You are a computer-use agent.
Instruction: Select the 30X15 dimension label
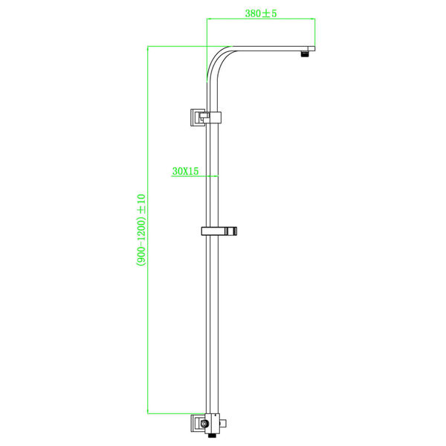tap(184, 171)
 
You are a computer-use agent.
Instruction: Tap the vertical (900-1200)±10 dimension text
tap(140, 230)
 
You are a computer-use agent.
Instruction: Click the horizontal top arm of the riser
tap(268, 48)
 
